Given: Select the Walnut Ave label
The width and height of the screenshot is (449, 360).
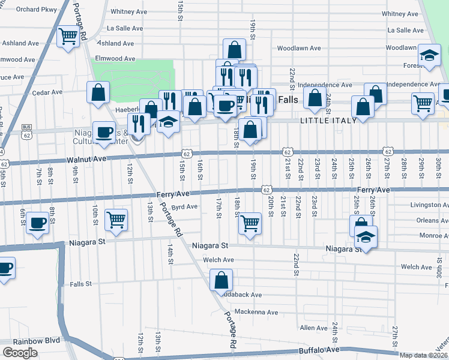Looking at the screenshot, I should point(86,159).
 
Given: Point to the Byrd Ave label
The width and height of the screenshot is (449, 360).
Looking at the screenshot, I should point(184,207).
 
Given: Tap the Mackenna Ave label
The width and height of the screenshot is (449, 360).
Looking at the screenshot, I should point(256,312).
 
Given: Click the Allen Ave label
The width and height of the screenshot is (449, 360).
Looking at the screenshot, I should point(314,328).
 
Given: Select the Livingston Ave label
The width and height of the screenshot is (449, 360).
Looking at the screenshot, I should point(429,205).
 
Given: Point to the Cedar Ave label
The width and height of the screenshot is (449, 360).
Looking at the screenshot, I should point(47,92).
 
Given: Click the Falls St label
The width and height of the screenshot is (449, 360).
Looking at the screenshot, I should point(80,284).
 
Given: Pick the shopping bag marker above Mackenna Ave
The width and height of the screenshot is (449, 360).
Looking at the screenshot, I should point(221,279).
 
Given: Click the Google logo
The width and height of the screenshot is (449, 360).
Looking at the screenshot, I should point(20,353).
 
